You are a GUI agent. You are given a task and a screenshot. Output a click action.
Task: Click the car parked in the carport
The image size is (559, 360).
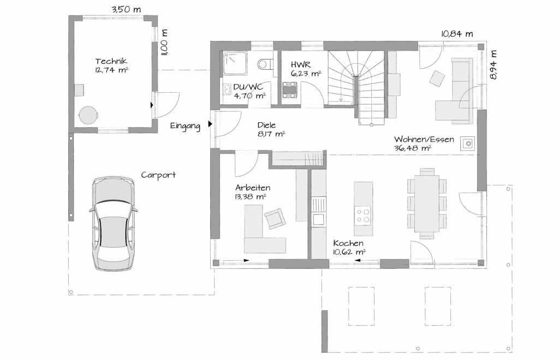112,223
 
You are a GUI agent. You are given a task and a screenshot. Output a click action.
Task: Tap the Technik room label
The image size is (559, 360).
111,61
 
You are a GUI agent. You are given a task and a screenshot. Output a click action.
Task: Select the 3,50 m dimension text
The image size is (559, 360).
126,10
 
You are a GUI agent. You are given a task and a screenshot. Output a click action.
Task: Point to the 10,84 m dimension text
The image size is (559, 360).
457,34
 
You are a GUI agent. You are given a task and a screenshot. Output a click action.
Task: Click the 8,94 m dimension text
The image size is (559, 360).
493,64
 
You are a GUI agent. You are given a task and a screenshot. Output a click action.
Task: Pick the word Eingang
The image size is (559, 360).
185,126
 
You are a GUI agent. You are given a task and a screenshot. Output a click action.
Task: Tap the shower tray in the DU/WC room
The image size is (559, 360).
235,63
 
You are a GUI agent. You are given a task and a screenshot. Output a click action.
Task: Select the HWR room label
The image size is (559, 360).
301,64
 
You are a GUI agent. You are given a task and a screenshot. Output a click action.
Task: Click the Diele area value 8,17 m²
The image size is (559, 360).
271,134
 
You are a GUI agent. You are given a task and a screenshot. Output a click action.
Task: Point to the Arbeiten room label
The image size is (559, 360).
253,188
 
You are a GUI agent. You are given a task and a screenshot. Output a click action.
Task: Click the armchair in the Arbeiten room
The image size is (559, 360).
275,219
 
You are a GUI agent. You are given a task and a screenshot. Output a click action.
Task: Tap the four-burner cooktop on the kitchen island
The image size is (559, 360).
363,216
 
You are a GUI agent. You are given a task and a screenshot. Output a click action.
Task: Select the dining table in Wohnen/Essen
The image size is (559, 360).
427,203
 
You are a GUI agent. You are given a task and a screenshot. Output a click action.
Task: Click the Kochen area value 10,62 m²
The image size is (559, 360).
349,253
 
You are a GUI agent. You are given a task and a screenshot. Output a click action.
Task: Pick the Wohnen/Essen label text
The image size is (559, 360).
424,139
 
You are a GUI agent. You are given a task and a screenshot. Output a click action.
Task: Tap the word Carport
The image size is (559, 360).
158,175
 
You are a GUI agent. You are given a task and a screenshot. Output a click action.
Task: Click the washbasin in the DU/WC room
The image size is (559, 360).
227,90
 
